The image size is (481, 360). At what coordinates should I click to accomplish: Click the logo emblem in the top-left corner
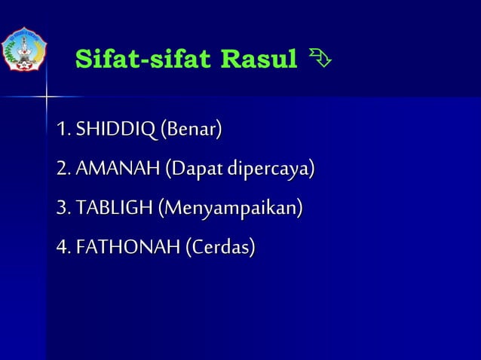tap(25, 50)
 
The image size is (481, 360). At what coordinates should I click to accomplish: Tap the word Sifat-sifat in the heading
tap(142, 58)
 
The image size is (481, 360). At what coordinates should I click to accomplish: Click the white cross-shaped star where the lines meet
tap(46, 97)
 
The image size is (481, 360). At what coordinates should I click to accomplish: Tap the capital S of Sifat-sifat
tap(84, 58)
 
